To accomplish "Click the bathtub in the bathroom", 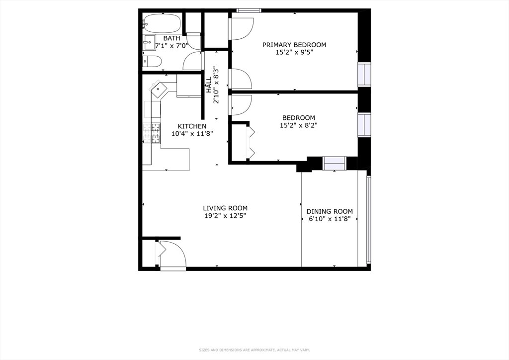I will (162, 23).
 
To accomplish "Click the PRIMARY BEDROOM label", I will (294, 45).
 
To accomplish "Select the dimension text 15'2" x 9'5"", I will (294, 53).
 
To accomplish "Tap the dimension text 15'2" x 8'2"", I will (298, 125).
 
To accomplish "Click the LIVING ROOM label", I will (225, 208).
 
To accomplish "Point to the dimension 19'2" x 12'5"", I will (225, 216).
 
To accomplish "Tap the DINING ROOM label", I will (329, 211).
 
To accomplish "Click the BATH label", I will (171, 38).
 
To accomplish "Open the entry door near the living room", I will (172, 255).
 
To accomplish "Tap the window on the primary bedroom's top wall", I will (249, 10).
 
